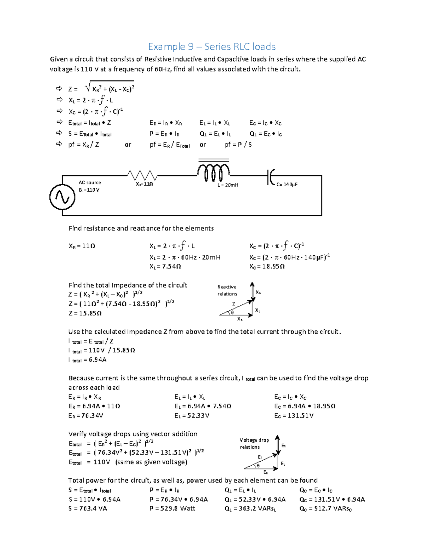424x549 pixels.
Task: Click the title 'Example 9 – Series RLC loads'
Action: pyautogui.click(x=212, y=47)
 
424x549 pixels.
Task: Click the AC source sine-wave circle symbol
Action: pyautogui.click(x=62, y=197)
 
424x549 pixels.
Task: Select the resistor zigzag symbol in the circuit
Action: pyautogui.click(x=142, y=175)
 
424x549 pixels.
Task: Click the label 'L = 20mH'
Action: pyautogui.click(x=228, y=185)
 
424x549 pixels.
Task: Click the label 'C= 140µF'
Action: pyautogui.click(x=287, y=185)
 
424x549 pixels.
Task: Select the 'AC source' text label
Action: pyautogui.click(x=90, y=182)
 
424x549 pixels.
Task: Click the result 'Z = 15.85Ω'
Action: pyautogui.click(x=85, y=313)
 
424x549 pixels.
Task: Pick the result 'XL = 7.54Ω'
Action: pyautogui.click(x=165, y=267)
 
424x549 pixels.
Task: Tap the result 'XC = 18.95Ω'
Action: pyautogui.click(x=267, y=267)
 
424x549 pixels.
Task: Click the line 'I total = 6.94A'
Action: pyautogui.click(x=87, y=360)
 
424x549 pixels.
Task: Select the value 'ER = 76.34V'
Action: pyautogui.click(x=86, y=416)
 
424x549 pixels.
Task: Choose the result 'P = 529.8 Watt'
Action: pyautogui.click(x=172, y=509)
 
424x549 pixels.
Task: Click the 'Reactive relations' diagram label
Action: pyautogui.click(x=227, y=290)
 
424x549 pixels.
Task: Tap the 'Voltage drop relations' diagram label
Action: pyautogui.click(x=254, y=443)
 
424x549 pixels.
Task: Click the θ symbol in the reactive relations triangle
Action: pyautogui.click(x=232, y=313)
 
